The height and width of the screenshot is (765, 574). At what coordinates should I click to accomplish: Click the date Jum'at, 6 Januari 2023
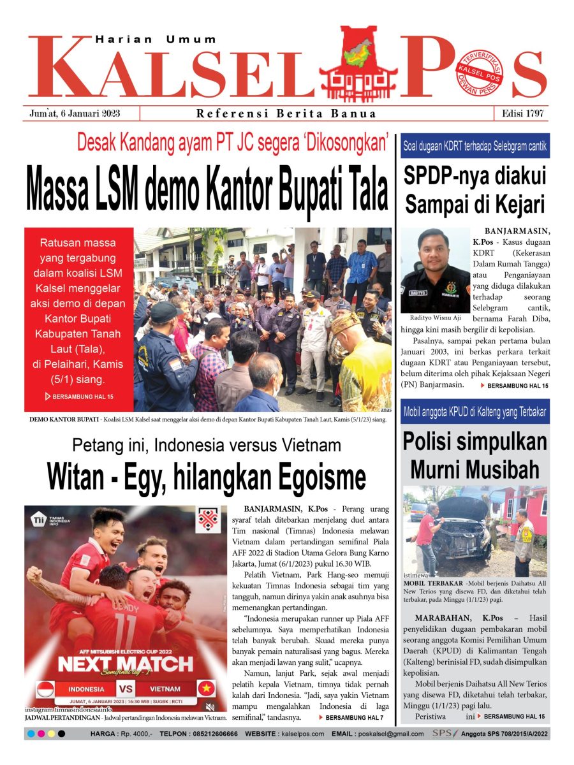pyautogui.click(x=75, y=114)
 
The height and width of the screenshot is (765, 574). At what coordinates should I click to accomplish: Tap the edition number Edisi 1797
pyautogui.click(x=522, y=114)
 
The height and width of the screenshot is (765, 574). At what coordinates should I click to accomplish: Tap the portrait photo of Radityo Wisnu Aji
pyautogui.click(x=436, y=270)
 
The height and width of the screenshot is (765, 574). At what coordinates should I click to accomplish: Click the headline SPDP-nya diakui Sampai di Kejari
pyautogui.click(x=475, y=190)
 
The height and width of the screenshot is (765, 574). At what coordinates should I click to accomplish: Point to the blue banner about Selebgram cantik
pyautogui.click(x=475, y=146)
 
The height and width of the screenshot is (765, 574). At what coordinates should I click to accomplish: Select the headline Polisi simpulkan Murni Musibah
pyautogui.click(x=475, y=455)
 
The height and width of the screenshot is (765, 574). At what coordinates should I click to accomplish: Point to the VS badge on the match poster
pyautogui.click(x=126, y=689)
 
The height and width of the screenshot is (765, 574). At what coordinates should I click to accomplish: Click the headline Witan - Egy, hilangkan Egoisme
pyautogui.click(x=207, y=477)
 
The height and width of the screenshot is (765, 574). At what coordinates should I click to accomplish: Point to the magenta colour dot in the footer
pyautogui.click(x=41, y=734)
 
